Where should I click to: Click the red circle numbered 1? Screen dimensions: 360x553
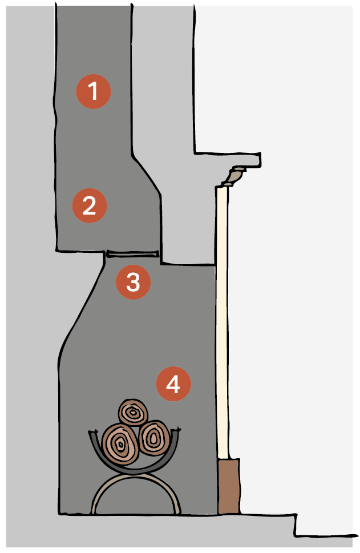pos(94,91)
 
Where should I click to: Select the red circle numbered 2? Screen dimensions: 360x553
pos(89,205)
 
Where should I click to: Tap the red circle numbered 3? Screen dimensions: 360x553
pos(134,282)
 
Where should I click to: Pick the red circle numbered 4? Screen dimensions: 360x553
pos(173,384)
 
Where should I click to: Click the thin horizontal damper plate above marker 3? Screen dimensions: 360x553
pos(132,254)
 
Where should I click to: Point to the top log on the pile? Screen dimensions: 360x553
pos(133,412)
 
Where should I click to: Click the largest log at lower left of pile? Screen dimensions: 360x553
pos(120,445)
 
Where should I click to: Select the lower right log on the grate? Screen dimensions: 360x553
pos(155,438)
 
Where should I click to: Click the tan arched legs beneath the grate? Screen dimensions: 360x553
pos(136,479)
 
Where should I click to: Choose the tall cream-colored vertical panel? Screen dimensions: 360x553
pos(222,321)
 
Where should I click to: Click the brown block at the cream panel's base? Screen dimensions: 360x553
pos(229,486)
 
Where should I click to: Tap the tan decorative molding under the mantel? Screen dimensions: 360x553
pos(233,176)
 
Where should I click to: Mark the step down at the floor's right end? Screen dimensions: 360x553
pos(296,526)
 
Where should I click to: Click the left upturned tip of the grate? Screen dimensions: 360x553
pos(91,431)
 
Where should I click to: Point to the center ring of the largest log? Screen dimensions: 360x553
pos(120,445)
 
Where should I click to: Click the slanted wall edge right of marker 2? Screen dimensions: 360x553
pos(147,174)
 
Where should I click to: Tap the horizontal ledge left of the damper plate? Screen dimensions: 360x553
pos(81,251)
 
